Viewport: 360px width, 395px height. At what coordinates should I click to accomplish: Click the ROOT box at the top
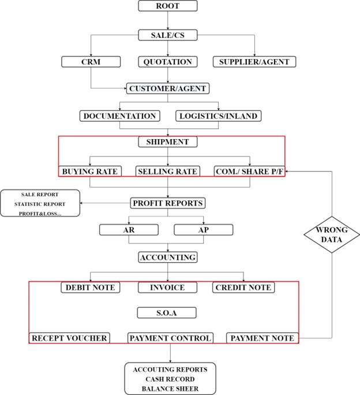tap(168, 6)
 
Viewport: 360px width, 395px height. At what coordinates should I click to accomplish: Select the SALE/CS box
tap(168, 35)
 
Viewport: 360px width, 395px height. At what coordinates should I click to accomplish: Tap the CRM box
tap(91, 62)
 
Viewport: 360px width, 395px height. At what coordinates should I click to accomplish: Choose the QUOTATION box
tap(168, 62)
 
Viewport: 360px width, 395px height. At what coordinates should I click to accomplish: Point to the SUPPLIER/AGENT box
tap(255, 62)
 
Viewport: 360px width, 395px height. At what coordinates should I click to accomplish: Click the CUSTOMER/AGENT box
tap(168, 88)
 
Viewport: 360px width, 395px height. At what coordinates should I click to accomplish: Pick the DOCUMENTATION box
tap(119, 116)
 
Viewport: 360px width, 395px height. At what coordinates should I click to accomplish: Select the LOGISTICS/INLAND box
tap(217, 116)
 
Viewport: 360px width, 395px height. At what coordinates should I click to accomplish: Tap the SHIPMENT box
tap(168, 142)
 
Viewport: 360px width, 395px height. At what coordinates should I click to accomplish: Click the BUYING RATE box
tap(89, 172)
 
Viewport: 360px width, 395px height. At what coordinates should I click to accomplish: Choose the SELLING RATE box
tap(168, 172)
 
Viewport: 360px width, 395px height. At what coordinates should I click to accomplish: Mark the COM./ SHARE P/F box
tap(249, 172)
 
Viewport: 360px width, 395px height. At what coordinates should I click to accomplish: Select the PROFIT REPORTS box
tap(168, 203)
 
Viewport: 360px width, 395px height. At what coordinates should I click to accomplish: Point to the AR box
tap(129, 230)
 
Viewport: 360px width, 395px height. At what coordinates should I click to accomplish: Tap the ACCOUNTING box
tap(168, 257)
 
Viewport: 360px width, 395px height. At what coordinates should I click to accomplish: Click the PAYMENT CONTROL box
tap(170, 338)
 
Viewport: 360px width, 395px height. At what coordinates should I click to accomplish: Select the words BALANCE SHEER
tap(166, 389)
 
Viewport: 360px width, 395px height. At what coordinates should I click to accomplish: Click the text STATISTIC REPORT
tap(40, 204)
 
